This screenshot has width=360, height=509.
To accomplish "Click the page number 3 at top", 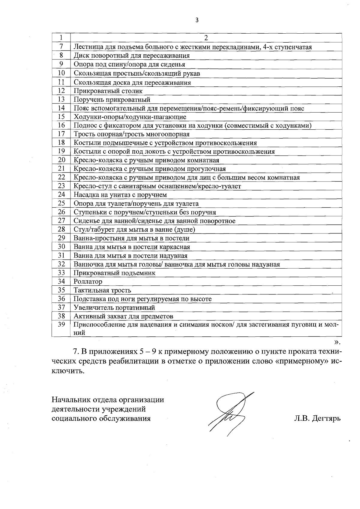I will point(197,20).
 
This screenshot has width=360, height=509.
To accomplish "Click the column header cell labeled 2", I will point(206,38).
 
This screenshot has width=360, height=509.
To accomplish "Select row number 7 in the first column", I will point(61,47).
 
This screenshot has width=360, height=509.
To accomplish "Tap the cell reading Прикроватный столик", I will point(108,91).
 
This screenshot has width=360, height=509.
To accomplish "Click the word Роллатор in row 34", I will point(88,282).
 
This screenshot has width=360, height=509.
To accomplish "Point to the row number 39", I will point(61,324).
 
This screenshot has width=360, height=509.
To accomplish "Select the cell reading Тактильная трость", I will point(102,290).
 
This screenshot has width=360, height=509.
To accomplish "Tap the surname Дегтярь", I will point(326,418).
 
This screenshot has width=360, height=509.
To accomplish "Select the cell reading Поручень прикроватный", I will point(112,99).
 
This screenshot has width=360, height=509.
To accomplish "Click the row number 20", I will point(61,160).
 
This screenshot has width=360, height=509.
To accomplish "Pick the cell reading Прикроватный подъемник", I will point(115,273).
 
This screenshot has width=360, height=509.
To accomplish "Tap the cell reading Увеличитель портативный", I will point(114,308).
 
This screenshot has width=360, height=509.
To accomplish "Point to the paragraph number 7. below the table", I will point(76,351).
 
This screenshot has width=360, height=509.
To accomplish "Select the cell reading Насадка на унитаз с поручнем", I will point(120,195).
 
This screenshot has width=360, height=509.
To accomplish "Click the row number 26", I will point(61,212).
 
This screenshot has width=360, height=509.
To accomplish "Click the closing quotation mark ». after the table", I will point(338,342).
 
